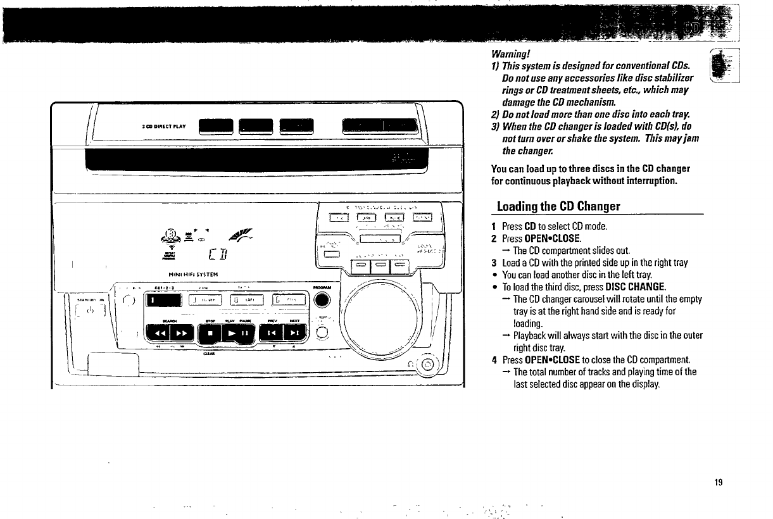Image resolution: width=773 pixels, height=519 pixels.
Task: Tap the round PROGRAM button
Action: tap(321, 300)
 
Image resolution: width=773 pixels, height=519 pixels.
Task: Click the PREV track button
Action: tap(270, 331)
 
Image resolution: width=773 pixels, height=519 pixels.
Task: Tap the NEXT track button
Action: tap(294, 331)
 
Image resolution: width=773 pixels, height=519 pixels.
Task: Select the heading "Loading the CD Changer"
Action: tap(558, 206)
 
